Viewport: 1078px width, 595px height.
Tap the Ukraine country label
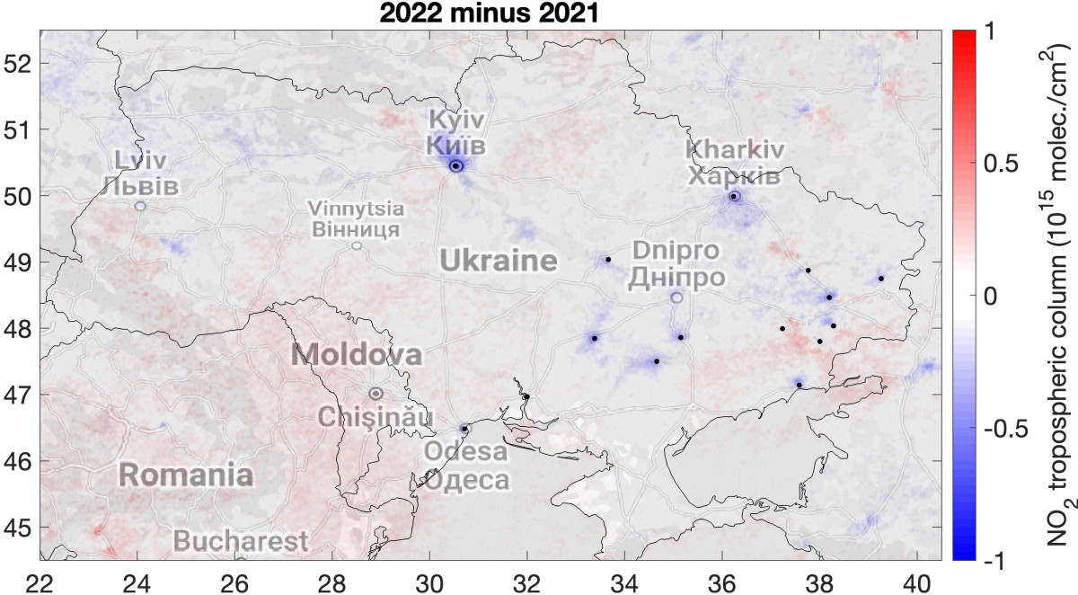point(498,262)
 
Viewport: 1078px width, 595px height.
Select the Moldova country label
point(357,355)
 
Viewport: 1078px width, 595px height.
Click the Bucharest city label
point(240,542)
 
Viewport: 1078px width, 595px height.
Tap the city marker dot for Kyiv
point(456,165)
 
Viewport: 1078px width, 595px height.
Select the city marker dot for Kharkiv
point(734,196)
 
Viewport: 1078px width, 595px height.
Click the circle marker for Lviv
point(140,206)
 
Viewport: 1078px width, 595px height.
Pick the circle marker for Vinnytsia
point(357,245)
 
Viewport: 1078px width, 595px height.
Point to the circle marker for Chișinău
point(376,393)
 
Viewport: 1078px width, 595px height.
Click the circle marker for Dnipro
point(676,297)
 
